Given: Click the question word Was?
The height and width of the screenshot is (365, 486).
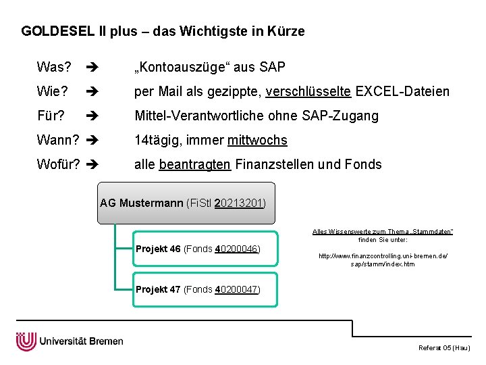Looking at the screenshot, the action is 54,67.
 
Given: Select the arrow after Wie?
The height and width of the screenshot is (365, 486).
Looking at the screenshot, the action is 92,91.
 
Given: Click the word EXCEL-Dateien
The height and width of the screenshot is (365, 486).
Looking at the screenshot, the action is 402,91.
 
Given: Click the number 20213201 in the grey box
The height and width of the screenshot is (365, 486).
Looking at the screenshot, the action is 238,203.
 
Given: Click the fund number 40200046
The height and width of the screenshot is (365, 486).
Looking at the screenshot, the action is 236,249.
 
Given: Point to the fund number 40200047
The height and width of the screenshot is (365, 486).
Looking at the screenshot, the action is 236,289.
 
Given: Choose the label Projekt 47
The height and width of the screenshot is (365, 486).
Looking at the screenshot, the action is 158,289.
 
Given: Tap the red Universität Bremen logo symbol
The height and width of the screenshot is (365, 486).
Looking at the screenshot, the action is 26,341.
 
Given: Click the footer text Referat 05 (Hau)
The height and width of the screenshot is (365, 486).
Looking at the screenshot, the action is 444,347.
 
